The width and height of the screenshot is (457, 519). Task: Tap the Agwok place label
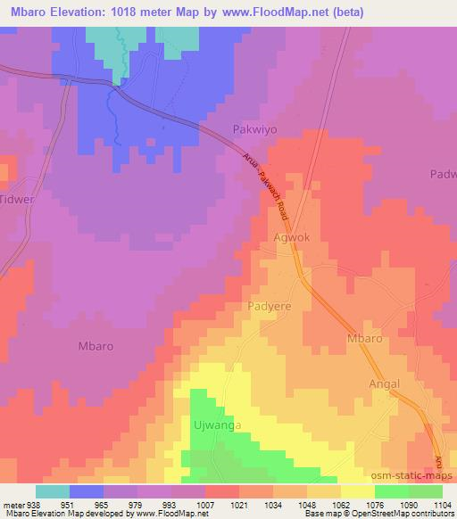pyautogui.click(x=292, y=239)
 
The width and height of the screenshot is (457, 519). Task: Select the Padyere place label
pyautogui.click(x=269, y=305)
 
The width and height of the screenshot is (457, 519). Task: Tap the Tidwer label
pyautogui.click(x=18, y=200)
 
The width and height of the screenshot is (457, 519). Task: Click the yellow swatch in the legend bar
pyautogui.click(x=357, y=491)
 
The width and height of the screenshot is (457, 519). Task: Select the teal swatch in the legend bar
pyautogui.click(x=53, y=491)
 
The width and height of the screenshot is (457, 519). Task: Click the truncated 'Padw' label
pyautogui.click(x=443, y=175)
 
